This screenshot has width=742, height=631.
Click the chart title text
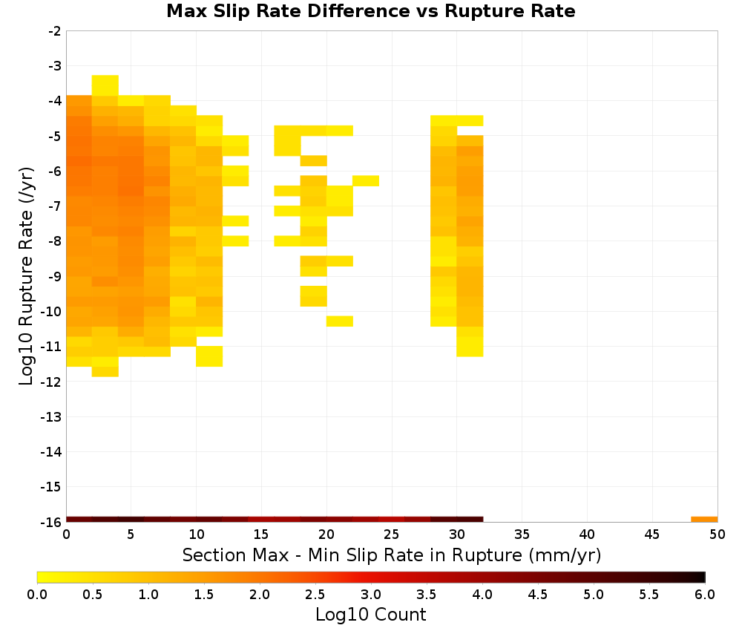pyautogui.click(x=370, y=11)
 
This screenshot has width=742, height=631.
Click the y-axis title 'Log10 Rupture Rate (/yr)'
pyautogui.click(x=26, y=276)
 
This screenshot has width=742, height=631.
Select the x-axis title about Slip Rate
pyautogui.click(x=391, y=555)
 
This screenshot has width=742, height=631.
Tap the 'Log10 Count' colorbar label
pyautogui.click(x=370, y=615)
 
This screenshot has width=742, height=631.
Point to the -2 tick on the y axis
pyautogui.click(x=55, y=31)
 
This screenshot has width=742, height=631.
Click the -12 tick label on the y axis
pyautogui.click(x=52, y=382)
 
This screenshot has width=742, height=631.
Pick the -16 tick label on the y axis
pyautogui.click(x=52, y=522)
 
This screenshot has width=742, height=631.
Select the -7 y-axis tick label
pyautogui.click(x=55, y=206)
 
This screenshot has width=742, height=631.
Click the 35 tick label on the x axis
pyautogui.click(x=522, y=535)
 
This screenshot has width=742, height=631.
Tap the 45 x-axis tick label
pyautogui.click(x=652, y=535)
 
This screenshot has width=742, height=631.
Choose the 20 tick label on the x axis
pyautogui.click(x=326, y=535)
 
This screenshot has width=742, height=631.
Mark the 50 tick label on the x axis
pyautogui.click(x=718, y=535)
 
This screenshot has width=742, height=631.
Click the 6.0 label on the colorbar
pyautogui.click(x=705, y=595)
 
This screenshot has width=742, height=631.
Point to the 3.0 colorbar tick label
pyautogui.click(x=370, y=595)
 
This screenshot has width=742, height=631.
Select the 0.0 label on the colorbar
pyautogui.click(x=37, y=595)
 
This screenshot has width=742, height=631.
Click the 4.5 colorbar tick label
pyautogui.click(x=537, y=595)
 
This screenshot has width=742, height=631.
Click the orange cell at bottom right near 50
pyautogui.click(x=704, y=520)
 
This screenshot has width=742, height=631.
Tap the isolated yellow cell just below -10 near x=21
pyautogui.click(x=340, y=321)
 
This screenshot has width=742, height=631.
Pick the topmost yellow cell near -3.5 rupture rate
pyautogui.click(x=105, y=85)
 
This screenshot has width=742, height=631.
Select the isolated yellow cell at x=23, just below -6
pyautogui.click(x=366, y=181)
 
